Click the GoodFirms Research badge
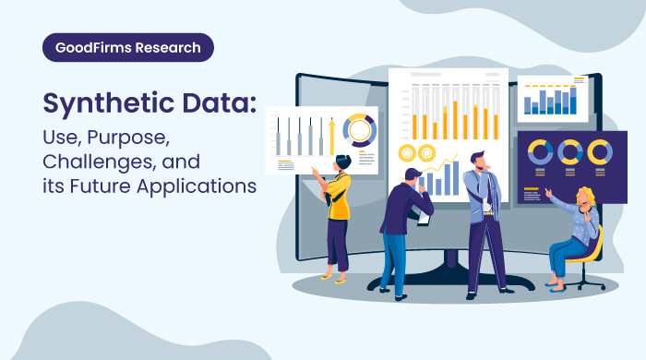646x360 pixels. coord(127,47)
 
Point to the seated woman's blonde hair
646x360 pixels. coord(585,197)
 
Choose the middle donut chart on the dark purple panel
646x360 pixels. coord(569,152)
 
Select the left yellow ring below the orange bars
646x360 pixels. coord(406,153)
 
